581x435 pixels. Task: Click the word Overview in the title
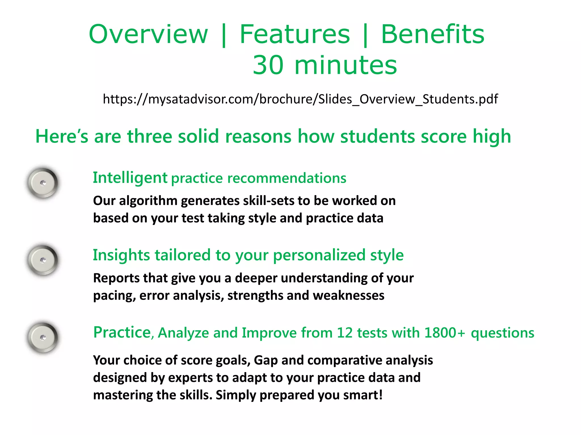click(148, 34)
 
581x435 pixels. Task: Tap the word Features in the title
click(295, 34)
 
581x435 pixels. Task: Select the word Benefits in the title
click(433, 34)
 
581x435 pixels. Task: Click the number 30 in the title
click(268, 65)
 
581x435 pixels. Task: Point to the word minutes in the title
click(346, 65)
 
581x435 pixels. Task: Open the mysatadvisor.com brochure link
click(300, 99)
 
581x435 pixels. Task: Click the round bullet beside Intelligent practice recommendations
click(43, 183)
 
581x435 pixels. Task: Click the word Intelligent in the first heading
click(130, 178)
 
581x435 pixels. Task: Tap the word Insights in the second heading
click(121, 255)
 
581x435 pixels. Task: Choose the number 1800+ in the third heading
click(445, 333)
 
